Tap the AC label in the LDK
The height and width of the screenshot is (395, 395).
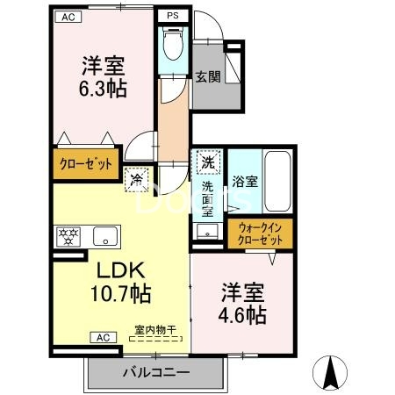[x=102, y=336]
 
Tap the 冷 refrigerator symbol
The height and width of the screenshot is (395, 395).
[x=137, y=178]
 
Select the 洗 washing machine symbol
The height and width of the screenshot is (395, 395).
[x=207, y=163]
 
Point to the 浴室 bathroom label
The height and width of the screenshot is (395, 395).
[x=245, y=183]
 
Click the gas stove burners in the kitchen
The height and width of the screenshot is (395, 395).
[x=68, y=236]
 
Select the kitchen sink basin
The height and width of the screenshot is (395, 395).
[x=105, y=236]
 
